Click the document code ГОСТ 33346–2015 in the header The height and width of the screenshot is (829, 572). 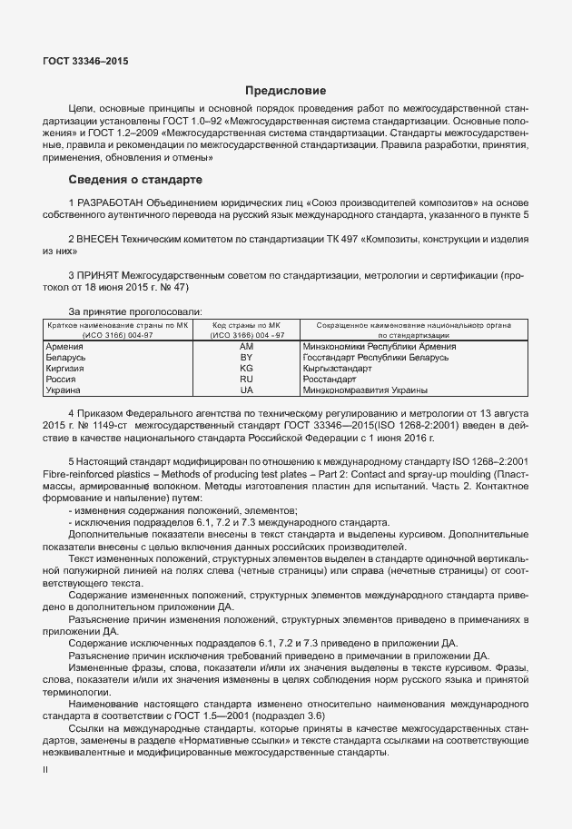(x=85, y=62)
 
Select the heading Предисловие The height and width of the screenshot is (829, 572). (x=285, y=91)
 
